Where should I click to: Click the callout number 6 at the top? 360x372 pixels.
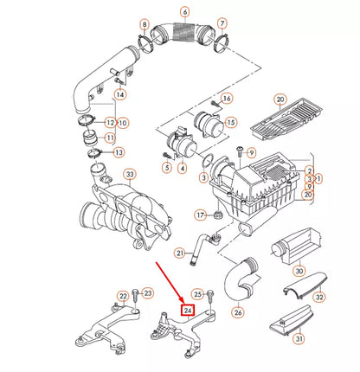(x=184, y=12)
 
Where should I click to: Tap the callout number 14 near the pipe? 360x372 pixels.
(x=119, y=93)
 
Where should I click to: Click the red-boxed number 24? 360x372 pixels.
(x=187, y=309)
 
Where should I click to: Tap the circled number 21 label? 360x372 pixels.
(x=179, y=253)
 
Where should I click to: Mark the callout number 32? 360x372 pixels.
(x=318, y=297)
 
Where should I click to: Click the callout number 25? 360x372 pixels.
(x=197, y=294)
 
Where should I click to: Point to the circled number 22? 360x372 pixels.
(x=124, y=296)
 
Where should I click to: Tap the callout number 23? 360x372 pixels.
(x=147, y=293)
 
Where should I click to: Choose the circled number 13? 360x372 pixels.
(x=119, y=152)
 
